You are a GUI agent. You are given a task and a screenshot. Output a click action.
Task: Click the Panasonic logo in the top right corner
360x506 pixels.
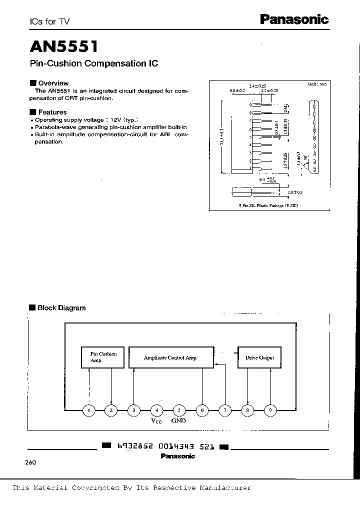pyautogui.click(x=294, y=19)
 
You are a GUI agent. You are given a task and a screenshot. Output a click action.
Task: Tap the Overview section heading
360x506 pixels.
pyautogui.click(x=53, y=83)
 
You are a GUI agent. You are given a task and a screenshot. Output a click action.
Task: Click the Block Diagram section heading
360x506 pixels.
pyautogui.click(x=61, y=308)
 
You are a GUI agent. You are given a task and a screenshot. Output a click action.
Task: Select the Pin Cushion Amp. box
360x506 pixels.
pyautogui.click(x=103, y=357)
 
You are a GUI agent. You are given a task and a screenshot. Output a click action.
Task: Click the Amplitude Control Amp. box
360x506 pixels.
pyautogui.click(x=170, y=357)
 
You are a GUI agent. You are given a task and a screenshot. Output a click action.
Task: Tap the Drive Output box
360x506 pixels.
pyautogui.click(x=259, y=357)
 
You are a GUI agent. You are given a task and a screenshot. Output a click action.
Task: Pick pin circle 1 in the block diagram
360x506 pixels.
pyautogui.click(x=88, y=410)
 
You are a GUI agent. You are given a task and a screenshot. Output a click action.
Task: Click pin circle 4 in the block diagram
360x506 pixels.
pyautogui.click(x=156, y=410)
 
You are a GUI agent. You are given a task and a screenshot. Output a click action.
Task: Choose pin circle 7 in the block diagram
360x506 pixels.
pyautogui.click(x=225, y=410)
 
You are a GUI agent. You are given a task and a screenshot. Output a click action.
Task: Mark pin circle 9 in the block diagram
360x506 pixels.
pyautogui.click(x=270, y=410)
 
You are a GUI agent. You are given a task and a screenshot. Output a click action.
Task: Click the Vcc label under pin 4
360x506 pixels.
pyautogui.click(x=156, y=421)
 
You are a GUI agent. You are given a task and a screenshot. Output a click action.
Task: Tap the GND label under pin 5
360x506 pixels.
pyautogui.click(x=178, y=421)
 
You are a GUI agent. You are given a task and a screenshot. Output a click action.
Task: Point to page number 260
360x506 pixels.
pyautogui.click(x=30, y=462)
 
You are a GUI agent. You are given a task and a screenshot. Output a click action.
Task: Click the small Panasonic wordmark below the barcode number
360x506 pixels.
pyautogui.click(x=178, y=456)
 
